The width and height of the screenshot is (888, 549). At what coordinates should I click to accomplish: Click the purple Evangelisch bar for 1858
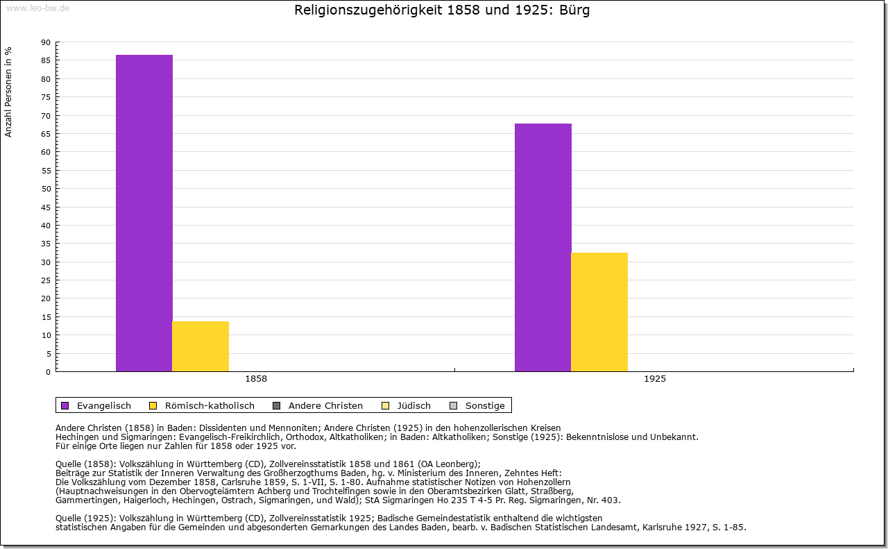[144, 213]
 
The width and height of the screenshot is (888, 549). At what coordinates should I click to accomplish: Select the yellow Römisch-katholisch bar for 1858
[200, 346]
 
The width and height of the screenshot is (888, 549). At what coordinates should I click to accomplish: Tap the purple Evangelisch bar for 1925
[543, 247]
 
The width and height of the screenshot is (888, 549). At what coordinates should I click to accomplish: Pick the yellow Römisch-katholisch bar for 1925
[599, 312]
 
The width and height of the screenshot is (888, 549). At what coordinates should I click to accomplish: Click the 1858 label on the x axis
[256, 379]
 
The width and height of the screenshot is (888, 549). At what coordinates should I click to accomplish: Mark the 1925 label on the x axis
[655, 379]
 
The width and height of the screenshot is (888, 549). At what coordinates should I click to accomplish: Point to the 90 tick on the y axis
[46, 42]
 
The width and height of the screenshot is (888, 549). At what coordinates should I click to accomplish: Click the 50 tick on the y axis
[46, 189]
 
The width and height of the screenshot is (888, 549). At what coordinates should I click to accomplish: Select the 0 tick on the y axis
[48, 372]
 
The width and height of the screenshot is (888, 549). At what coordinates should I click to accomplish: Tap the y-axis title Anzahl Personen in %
[8, 92]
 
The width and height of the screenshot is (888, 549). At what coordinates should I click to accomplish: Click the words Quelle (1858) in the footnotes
[87, 464]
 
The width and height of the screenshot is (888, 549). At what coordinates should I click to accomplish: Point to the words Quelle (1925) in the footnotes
[87, 518]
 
